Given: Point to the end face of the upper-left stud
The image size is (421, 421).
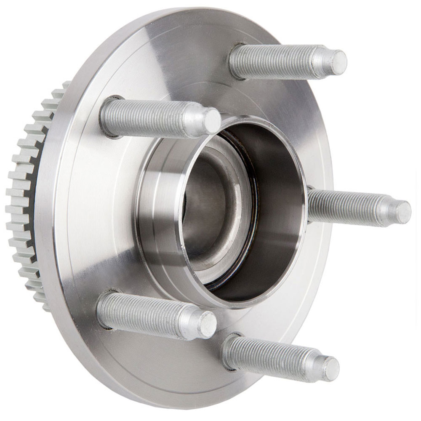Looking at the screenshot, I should (212, 120).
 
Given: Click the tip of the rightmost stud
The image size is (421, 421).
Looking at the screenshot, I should (403, 212).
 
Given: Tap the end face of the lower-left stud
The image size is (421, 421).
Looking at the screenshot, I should (208, 325).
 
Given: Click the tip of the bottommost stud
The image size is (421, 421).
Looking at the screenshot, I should (331, 369).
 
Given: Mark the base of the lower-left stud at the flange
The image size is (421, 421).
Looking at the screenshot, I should (104, 310).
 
